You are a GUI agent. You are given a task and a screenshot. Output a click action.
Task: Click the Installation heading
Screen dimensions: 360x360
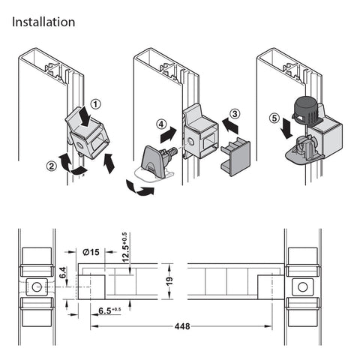(x=43, y=22)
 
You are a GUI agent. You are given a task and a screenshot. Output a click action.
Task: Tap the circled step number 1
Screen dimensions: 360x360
(x=96, y=104)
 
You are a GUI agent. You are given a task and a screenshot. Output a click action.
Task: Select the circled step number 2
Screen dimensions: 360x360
(x=52, y=166)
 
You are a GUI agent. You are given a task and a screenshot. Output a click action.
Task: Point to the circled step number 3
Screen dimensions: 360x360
(x=235, y=114)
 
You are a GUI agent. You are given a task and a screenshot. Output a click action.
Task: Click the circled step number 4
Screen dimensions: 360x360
(x=161, y=124)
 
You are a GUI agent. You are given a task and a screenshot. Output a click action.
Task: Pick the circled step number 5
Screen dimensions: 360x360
(x=274, y=118)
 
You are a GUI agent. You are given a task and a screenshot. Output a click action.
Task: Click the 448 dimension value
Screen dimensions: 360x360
(x=182, y=326)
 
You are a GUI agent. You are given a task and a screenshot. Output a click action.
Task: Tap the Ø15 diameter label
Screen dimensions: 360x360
(x=91, y=252)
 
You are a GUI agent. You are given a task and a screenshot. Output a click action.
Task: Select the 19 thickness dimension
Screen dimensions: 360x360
(x=169, y=281)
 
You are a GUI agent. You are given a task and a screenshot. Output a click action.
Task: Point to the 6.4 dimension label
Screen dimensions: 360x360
(x=63, y=272)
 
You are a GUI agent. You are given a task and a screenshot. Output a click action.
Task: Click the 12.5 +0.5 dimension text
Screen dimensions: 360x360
(x=125, y=247)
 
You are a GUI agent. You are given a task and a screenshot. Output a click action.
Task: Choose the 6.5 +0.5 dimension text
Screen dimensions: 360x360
(x=109, y=310)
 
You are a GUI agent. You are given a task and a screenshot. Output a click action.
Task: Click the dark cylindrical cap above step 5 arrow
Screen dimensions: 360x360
(x=306, y=110)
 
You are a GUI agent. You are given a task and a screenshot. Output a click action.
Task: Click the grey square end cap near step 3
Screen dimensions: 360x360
(x=235, y=157)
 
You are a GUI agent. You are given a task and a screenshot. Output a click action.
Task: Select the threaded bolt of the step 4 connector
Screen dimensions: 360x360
(x=171, y=152)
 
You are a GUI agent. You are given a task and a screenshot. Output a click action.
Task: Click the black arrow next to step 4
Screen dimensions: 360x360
(x=168, y=135)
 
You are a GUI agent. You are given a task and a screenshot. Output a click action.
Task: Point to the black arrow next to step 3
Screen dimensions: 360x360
(x=230, y=126)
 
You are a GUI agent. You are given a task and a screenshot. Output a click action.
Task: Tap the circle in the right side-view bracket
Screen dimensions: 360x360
(x=302, y=287)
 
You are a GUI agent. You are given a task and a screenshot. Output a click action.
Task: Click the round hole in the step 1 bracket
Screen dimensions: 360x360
(x=81, y=145)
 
